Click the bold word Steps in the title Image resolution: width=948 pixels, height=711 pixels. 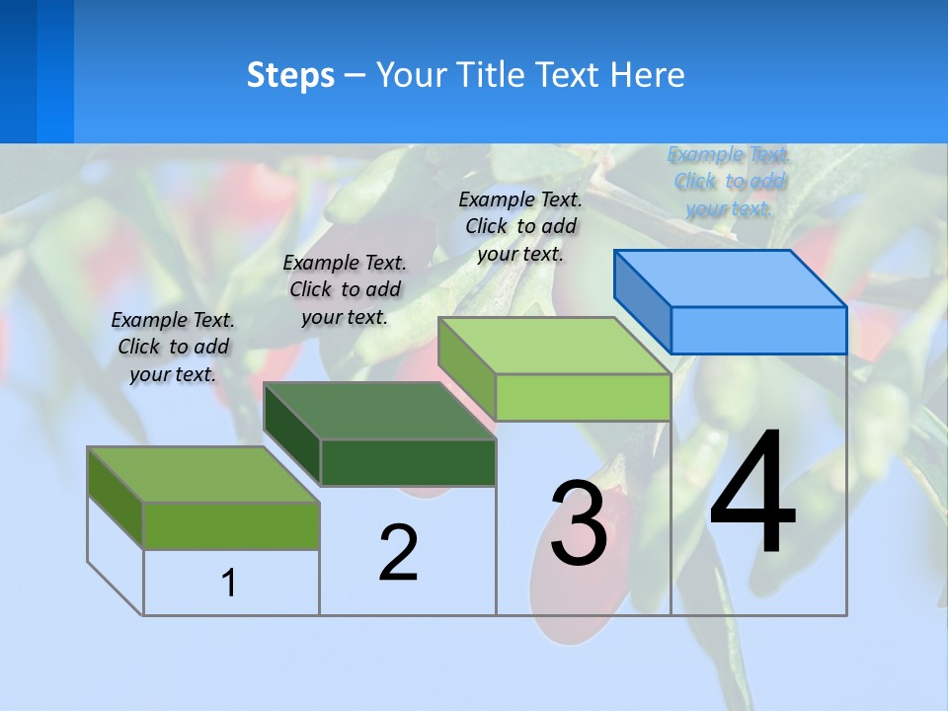[x=290, y=75]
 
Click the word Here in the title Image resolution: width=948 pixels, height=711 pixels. [x=647, y=75]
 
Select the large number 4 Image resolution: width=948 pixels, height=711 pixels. [x=752, y=496]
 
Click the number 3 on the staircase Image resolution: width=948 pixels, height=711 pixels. [x=578, y=524]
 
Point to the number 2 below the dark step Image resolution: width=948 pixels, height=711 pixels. [x=398, y=552]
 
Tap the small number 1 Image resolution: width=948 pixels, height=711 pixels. [x=229, y=583]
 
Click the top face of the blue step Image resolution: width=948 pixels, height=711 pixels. [x=730, y=278]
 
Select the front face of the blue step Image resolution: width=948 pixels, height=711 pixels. [x=758, y=330]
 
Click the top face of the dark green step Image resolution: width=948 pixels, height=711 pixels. [x=379, y=411]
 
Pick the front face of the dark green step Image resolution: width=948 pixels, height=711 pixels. [x=408, y=462]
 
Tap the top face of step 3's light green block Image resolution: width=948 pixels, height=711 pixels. [x=554, y=346]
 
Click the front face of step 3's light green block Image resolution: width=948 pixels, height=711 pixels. [x=583, y=397]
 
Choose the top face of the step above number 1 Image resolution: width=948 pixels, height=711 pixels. [x=202, y=475]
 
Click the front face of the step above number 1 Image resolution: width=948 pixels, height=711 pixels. [x=231, y=525]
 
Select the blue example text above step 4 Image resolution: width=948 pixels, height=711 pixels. [x=730, y=182]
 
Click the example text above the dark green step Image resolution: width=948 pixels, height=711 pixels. [x=345, y=290]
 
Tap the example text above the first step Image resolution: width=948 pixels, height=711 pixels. [x=173, y=347]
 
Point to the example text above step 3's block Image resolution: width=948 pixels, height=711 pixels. [x=520, y=226]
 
